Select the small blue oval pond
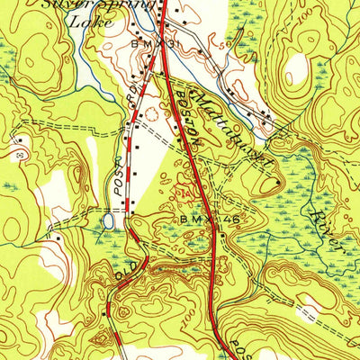tap(109, 219)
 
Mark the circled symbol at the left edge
tap(20, 154)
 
